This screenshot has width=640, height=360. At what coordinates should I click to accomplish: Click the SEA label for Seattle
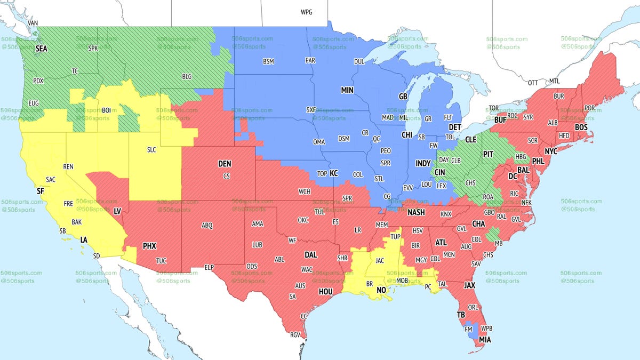click(41, 48)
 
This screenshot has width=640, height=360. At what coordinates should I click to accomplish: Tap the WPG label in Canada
click(307, 12)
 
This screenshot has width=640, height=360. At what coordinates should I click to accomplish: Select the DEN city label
click(225, 164)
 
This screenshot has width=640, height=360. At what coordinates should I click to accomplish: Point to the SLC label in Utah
click(151, 150)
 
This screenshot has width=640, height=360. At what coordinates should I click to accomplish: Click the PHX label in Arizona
click(149, 246)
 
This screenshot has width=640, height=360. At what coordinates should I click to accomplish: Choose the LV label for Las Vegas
click(117, 212)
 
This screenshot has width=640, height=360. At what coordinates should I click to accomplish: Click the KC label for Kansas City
click(334, 173)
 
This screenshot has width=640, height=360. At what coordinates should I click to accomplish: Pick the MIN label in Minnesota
click(348, 91)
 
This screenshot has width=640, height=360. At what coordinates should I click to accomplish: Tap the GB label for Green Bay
click(403, 97)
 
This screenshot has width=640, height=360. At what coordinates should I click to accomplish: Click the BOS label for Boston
click(581, 127)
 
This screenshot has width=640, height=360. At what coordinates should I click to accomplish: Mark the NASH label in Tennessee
click(416, 212)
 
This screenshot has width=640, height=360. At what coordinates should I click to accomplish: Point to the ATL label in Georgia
click(441, 242)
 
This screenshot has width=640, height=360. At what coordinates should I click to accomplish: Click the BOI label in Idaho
click(107, 110)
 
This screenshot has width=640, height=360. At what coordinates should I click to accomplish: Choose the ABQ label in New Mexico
click(207, 226)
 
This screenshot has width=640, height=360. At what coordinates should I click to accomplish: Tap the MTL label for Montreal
click(555, 81)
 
